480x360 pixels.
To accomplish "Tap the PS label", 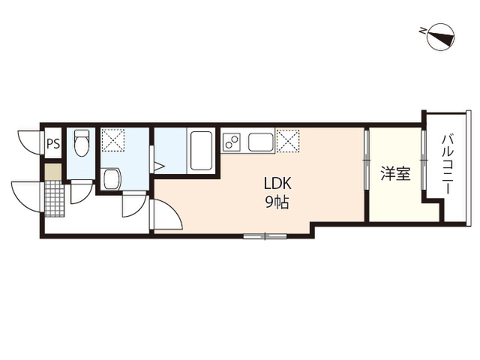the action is pyautogui.click(x=53, y=143).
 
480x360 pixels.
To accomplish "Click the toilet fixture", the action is pyautogui.click(x=82, y=142).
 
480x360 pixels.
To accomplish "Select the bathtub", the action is pyautogui.click(x=201, y=150).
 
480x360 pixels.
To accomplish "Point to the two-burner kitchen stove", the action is pyautogui.click(x=231, y=142).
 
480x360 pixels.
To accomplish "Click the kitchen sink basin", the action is pyautogui.click(x=261, y=142).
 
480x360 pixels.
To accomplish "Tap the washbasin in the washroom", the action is pyautogui.click(x=112, y=179).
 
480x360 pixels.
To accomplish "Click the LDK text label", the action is pyautogui.click(x=277, y=184).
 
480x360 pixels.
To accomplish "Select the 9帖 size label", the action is pyautogui.click(x=277, y=202).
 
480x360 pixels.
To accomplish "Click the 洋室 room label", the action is pyautogui.click(x=395, y=173).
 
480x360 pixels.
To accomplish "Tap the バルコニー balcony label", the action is pyautogui.click(x=447, y=163).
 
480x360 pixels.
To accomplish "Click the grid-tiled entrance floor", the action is pyautogui.click(x=55, y=198).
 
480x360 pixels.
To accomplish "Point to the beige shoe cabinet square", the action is pyautogui.click(x=53, y=172).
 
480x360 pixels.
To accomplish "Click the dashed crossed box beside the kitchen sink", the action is pyautogui.click(x=288, y=140).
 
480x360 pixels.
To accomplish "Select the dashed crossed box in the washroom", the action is pyautogui.click(x=113, y=140).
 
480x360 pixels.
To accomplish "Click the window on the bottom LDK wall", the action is pyautogui.click(x=265, y=235).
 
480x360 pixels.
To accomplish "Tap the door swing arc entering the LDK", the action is pyautogui.click(x=172, y=211).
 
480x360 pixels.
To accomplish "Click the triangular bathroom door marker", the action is pyautogui.click(x=159, y=166).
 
